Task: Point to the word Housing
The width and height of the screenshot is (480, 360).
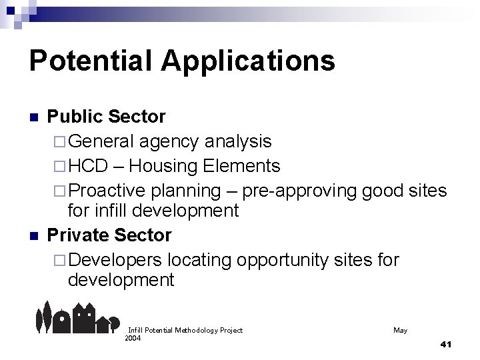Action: coord(163,165)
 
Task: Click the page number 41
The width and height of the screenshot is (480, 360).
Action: coord(446,344)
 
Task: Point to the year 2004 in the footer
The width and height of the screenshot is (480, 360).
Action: coord(133,337)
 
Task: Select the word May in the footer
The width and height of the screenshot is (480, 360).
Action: coord(400,330)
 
